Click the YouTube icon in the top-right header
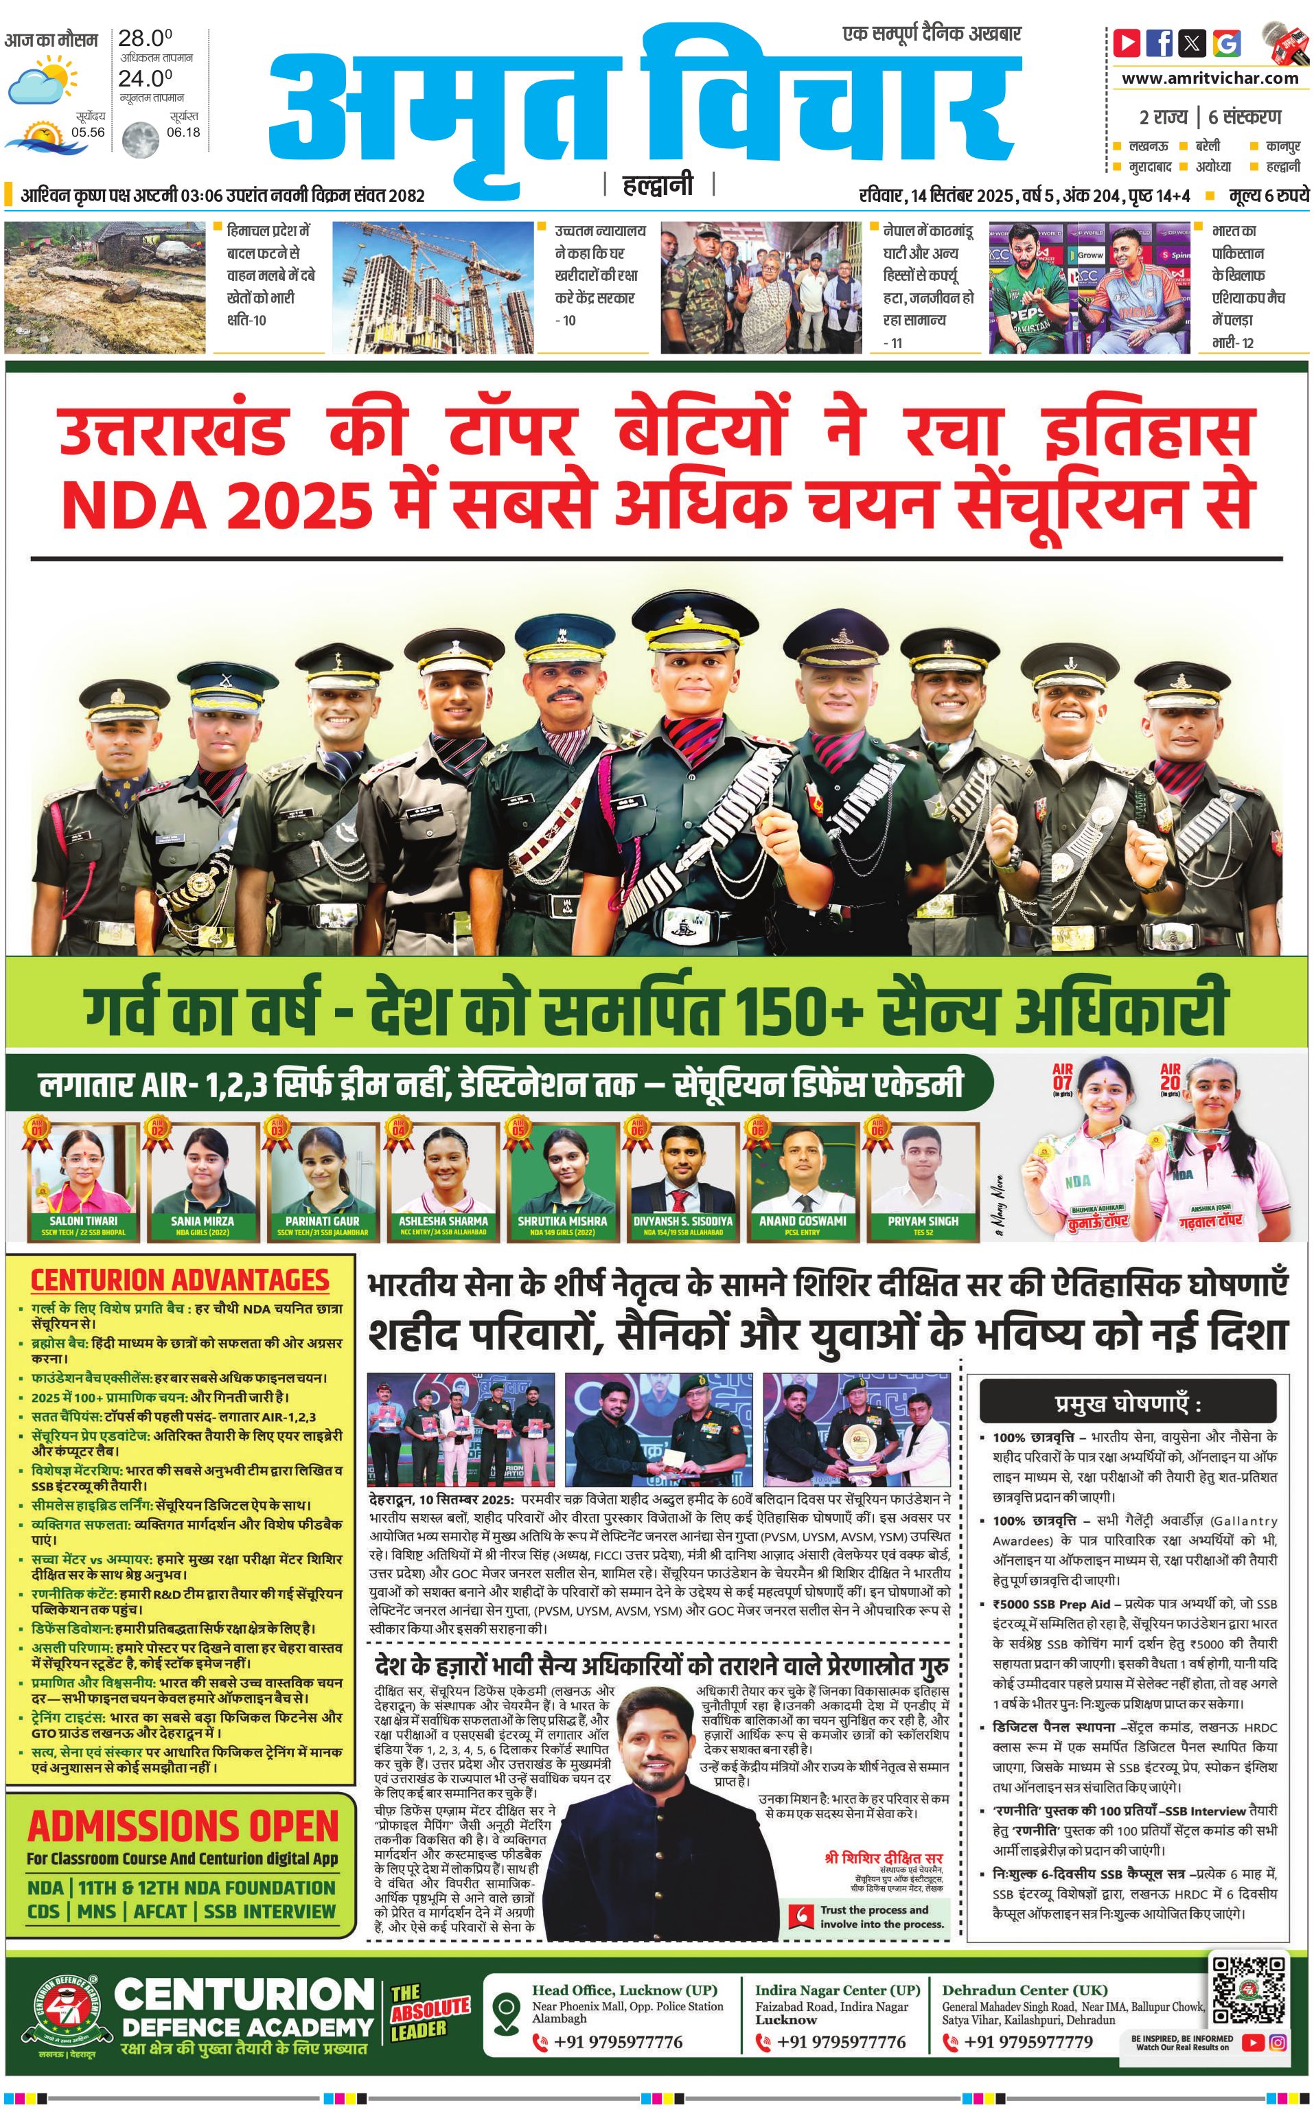[1127, 43]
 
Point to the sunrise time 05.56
[89, 132]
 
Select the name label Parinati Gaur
[323, 1220]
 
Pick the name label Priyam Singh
[923, 1220]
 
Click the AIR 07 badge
[1062, 1076]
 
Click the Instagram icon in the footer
[1278, 2041]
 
